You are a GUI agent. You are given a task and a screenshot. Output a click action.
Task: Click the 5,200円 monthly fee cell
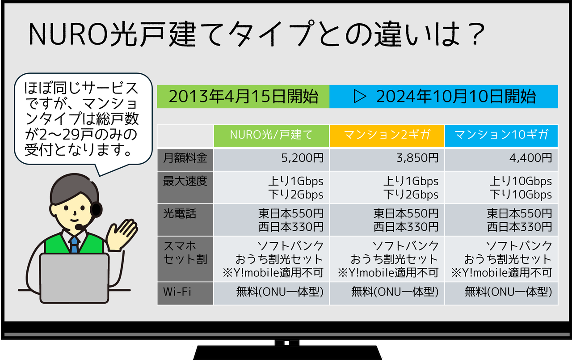point(271,160)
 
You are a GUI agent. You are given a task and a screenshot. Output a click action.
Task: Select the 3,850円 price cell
point(387,160)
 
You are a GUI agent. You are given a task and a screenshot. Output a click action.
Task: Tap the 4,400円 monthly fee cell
point(501,160)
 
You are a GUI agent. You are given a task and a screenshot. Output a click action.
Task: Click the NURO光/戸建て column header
point(271,136)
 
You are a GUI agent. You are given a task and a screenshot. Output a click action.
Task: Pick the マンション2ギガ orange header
point(387,136)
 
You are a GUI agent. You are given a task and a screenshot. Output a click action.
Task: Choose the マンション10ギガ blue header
point(501,136)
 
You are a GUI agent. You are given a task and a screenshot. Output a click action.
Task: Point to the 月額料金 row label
point(185,160)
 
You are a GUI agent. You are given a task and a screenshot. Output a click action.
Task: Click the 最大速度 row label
point(185,187)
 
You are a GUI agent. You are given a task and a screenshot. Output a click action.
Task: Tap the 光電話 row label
point(185,220)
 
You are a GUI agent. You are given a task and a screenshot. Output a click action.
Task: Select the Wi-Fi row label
point(185,293)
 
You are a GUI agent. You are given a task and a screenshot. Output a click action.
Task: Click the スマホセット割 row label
point(185,259)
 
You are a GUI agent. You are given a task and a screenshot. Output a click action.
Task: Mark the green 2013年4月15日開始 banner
point(243,97)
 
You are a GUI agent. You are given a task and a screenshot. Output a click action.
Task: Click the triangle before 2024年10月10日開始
point(360,97)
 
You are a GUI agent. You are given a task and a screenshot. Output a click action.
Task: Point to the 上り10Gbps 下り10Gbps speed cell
point(501,187)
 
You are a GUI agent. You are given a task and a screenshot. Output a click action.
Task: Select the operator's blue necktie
point(74,244)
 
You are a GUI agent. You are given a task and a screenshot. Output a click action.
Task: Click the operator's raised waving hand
point(121,234)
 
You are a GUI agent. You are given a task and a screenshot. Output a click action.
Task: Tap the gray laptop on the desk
point(74,278)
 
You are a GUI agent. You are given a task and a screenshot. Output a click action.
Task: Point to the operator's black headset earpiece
point(96,209)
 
